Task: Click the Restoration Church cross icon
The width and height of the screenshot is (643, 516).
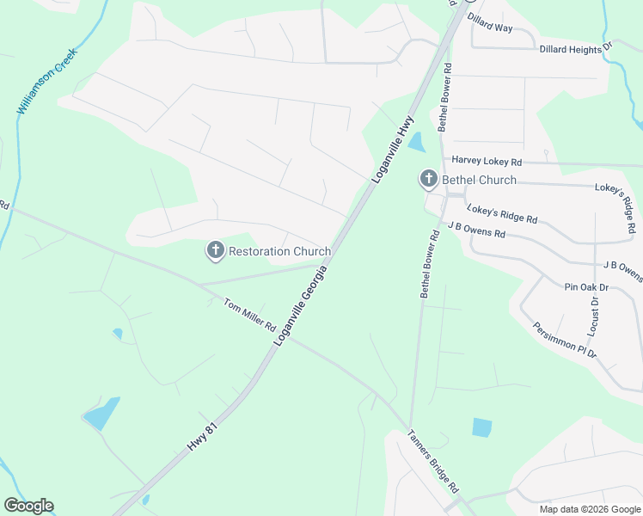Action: [215, 251]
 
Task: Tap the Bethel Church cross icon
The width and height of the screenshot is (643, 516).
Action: [429, 180]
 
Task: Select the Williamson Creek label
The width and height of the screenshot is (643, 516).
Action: [46, 82]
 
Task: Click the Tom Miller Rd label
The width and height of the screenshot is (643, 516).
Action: [249, 316]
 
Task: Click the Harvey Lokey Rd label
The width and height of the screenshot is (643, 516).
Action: [487, 161]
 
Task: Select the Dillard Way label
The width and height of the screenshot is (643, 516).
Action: [489, 22]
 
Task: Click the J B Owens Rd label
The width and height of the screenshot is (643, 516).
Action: [475, 229]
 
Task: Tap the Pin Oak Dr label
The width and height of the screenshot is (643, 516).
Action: [586, 286]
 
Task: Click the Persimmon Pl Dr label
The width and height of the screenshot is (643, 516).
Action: [564, 340]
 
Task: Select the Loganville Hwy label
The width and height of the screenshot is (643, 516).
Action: [394, 148]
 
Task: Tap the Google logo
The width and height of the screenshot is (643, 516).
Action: [29, 506]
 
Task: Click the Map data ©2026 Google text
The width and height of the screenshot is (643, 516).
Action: [589, 509]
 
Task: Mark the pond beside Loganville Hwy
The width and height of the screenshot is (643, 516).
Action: [416, 143]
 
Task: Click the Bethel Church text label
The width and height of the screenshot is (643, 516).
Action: [479, 180]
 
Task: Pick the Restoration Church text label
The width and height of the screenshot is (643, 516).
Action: [279, 252]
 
